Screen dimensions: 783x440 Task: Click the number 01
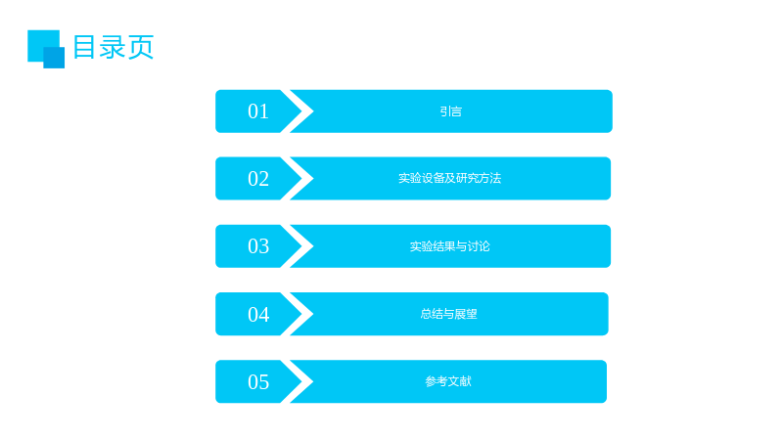coord(258,111)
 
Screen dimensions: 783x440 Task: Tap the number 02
coord(258,179)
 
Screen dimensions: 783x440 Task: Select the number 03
coord(258,246)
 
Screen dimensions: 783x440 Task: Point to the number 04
coord(258,314)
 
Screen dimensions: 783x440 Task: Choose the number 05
coord(258,382)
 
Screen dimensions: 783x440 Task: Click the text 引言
coord(450,111)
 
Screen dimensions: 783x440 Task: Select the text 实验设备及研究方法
coord(449,178)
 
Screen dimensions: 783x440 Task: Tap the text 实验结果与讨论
coord(449,246)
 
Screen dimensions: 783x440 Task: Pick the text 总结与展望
coord(448,314)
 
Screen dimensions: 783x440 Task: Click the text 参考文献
coord(448,381)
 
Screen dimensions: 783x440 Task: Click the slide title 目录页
coord(114,47)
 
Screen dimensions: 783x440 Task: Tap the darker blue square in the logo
coord(54,58)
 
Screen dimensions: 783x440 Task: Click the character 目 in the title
coord(84,47)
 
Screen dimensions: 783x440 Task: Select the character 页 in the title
coord(141,47)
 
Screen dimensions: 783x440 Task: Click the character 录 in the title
coord(113,47)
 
